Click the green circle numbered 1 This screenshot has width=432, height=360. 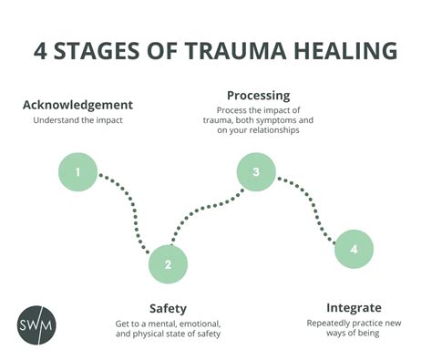pos(78,171)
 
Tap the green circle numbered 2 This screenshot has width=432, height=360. pos(168,264)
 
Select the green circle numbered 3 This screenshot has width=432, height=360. pos(256,171)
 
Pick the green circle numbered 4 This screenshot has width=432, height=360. pos(354,248)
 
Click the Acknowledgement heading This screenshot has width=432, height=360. pos(77,105)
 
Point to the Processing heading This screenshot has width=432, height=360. pos(258,95)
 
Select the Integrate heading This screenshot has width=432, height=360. pos(354,307)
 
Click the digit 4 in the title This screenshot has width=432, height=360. pos(41,50)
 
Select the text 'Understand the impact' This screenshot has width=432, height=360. pos(77,120)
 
